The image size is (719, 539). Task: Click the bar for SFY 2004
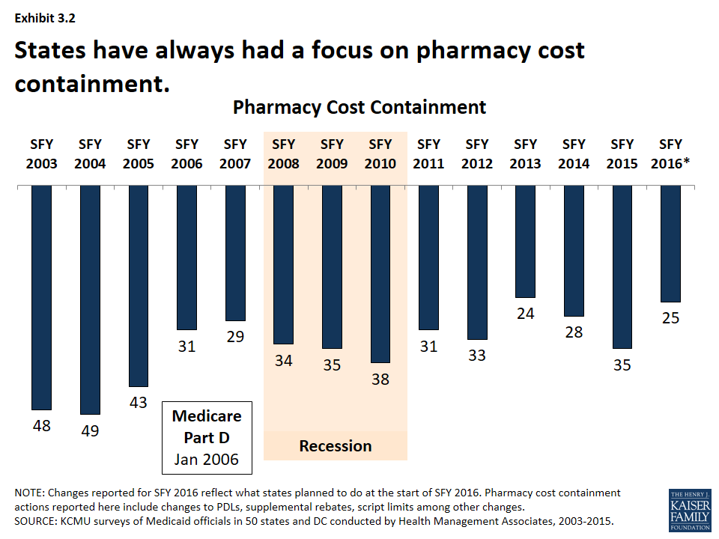click(x=90, y=299)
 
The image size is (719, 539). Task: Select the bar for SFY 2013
click(x=526, y=241)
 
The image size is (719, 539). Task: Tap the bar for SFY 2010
click(x=380, y=274)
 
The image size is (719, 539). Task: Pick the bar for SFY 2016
click(x=670, y=243)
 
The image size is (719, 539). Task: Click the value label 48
click(x=41, y=425)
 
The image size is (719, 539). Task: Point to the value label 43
click(x=139, y=402)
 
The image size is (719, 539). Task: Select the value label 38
click(x=380, y=379)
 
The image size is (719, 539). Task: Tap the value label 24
click(x=526, y=314)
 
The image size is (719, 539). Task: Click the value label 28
click(x=574, y=332)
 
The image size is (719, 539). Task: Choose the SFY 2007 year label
click(x=235, y=154)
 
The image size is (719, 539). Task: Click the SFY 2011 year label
click(x=428, y=154)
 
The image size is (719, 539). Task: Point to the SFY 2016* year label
click(x=673, y=154)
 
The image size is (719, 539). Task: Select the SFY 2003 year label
click(x=41, y=154)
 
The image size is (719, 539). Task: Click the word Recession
click(x=336, y=446)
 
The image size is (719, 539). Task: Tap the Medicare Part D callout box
click(x=207, y=437)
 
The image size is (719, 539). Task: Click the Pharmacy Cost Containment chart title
click(x=359, y=107)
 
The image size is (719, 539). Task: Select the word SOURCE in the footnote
click(x=37, y=520)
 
